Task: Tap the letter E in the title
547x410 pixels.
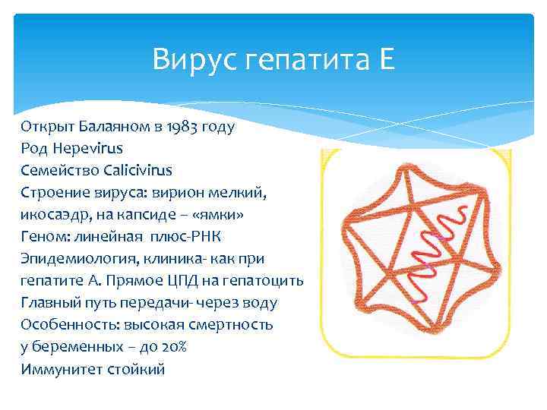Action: coord(386,58)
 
